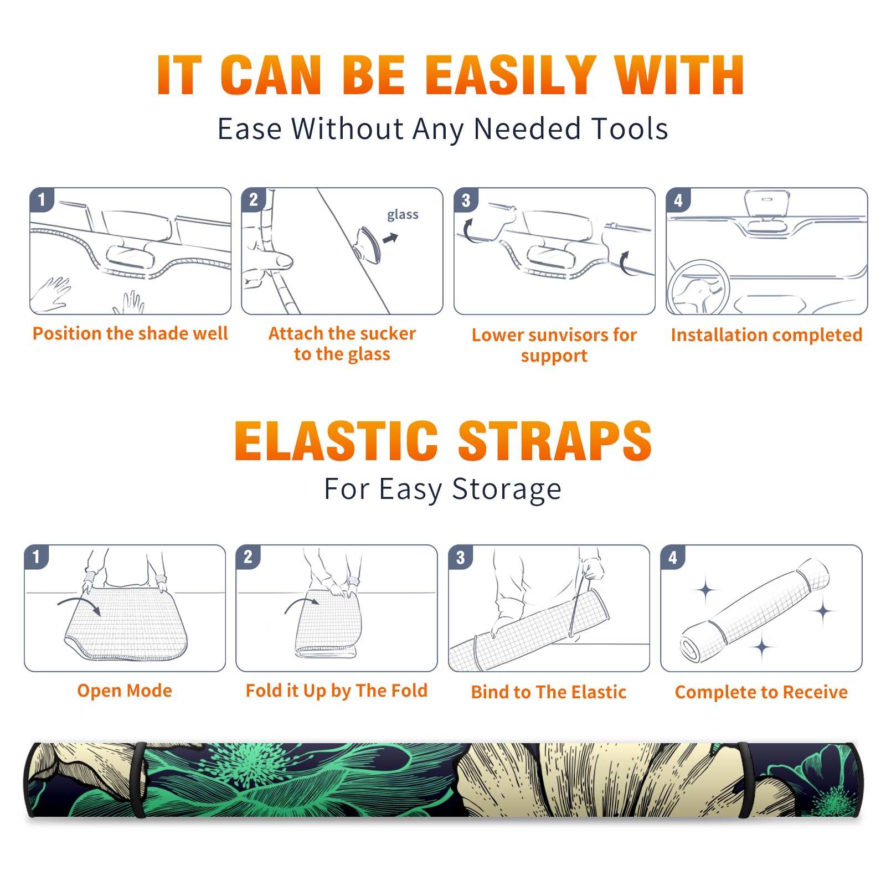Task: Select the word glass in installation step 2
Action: [x=403, y=215]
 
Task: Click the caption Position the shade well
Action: [x=130, y=333]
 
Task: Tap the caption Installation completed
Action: [x=766, y=335]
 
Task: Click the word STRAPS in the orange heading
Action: [x=555, y=441]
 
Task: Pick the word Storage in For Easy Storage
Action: [x=507, y=490]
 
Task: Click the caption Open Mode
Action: [x=125, y=691]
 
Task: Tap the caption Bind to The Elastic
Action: [x=549, y=692]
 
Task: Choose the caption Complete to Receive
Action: [x=761, y=692]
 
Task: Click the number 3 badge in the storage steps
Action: [x=461, y=558]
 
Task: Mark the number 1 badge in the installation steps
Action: [x=42, y=199]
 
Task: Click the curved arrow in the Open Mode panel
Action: [x=79, y=602]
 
